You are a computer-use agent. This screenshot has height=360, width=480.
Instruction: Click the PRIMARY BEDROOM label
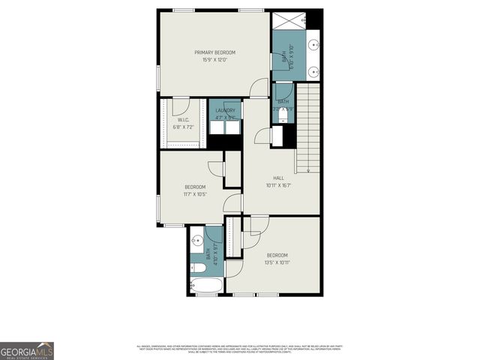[x=215, y=52]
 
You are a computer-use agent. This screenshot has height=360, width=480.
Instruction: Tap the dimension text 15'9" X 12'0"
[x=215, y=60]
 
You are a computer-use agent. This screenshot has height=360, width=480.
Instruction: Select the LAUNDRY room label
[x=225, y=110]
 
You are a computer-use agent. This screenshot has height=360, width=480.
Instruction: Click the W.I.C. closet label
[x=183, y=121]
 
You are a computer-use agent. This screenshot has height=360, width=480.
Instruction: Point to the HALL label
[x=278, y=178]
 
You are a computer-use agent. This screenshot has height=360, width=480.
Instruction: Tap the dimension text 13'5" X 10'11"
[x=277, y=262]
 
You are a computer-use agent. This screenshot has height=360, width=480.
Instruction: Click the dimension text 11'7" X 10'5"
[x=196, y=194]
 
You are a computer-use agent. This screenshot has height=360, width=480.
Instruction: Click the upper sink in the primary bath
[x=314, y=41]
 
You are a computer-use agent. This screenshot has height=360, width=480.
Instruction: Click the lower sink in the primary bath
[x=314, y=70]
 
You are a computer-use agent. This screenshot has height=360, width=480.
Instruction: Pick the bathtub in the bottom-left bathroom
[x=205, y=286]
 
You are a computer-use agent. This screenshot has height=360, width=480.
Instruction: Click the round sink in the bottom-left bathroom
[x=197, y=241]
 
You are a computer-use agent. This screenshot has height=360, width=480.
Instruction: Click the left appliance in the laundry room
[x=217, y=127]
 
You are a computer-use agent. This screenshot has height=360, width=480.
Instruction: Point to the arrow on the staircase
[x=307, y=169]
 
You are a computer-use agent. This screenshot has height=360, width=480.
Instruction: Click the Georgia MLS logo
[x=27, y=350]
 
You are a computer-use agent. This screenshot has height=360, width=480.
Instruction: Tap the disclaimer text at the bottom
[x=240, y=349]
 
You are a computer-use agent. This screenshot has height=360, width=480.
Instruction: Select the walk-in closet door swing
[x=180, y=106]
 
